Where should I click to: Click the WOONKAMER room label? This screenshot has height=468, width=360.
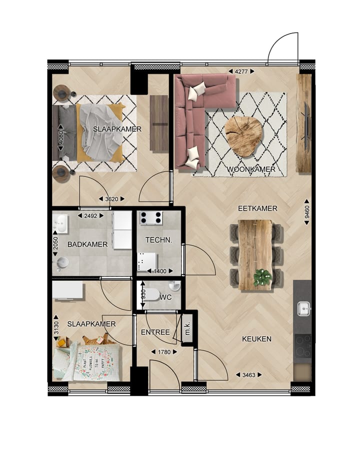(x=251, y=169)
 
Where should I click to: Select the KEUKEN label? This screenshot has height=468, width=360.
(x=256, y=339)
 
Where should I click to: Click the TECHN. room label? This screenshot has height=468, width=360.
(x=158, y=240)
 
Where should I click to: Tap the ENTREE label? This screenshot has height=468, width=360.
(x=155, y=332)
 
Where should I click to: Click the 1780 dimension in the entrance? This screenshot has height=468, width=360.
(x=163, y=352)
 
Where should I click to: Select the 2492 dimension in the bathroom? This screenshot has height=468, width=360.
(x=90, y=216)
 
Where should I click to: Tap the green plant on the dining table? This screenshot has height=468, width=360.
(x=262, y=277)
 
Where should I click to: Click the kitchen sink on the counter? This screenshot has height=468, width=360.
(x=302, y=308)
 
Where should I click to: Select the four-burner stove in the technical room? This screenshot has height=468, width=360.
(x=150, y=218)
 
